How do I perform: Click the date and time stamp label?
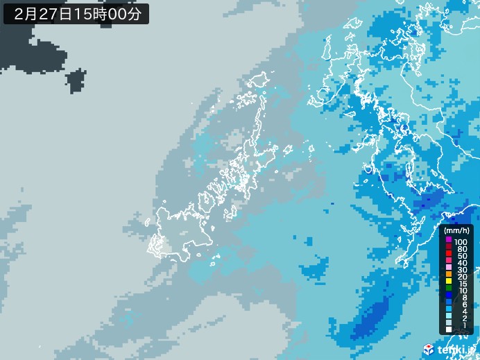click(76, 13)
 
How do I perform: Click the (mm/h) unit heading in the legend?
click(456, 230)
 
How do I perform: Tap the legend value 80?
click(461, 248)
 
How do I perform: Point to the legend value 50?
click(461, 256)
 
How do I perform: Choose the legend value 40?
click(461, 264)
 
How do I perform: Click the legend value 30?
click(461, 271)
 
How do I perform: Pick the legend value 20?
click(461, 277)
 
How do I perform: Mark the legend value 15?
click(461, 284)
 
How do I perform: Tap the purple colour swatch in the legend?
click(449, 240)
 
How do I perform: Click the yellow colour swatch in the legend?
click(449, 282)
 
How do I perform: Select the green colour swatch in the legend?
click(449, 289)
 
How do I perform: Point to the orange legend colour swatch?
click(449, 275)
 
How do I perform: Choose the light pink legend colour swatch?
click(449, 268)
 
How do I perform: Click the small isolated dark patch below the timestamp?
click(75, 83)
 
